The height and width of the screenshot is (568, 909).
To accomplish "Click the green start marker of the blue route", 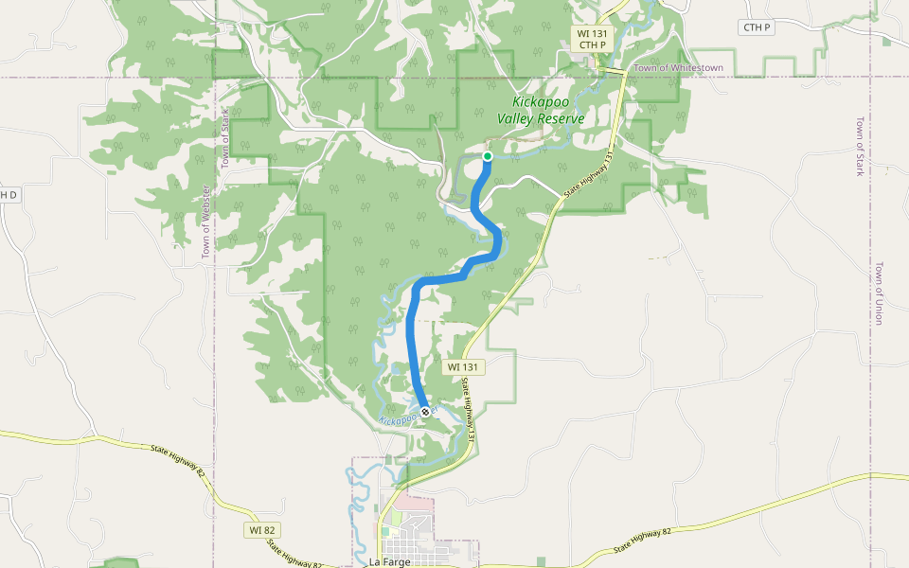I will click(x=488, y=156).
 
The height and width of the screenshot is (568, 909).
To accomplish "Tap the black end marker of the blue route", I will click(x=425, y=411).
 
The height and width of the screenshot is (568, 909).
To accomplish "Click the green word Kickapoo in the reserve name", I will click(x=542, y=102).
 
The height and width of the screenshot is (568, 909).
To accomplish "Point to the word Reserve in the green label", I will click(x=561, y=118).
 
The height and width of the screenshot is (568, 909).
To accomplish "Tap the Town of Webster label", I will click(x=205, y=222).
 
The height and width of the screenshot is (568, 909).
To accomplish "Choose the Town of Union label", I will click(x=878, y=293).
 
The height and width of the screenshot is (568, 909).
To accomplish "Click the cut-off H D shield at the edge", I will click(x=9, y=195).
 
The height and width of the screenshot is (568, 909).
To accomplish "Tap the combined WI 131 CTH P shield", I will click(x=592, y=39).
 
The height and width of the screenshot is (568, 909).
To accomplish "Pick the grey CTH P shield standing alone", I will click(x=757, y=27).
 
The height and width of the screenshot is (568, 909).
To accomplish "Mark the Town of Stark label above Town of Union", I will click(x=860, y=147).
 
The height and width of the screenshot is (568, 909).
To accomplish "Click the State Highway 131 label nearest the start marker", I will click(x=589, y=175).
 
